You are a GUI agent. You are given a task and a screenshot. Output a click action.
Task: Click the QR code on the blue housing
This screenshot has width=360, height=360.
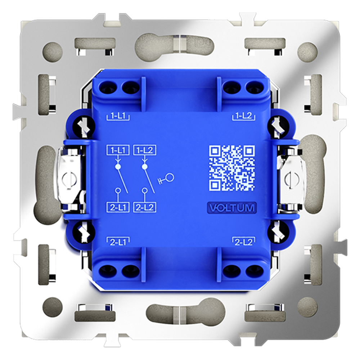coord(232,167)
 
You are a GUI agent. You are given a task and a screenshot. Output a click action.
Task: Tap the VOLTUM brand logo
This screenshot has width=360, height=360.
coord(232,208)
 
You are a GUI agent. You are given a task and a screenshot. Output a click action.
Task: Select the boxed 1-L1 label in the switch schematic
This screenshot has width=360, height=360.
coord(117,150)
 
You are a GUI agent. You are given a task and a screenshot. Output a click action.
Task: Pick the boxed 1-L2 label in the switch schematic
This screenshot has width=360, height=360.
coord(145,150)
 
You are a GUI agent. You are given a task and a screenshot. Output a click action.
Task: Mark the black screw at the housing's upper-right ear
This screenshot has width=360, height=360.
coord(278,125)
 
